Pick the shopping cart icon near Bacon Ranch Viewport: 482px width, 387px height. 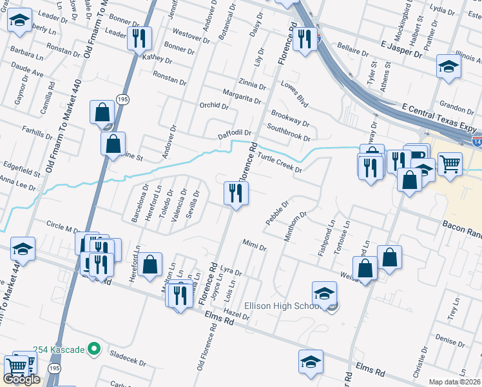coord(449,163)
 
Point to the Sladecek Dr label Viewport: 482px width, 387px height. coord(130,355)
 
